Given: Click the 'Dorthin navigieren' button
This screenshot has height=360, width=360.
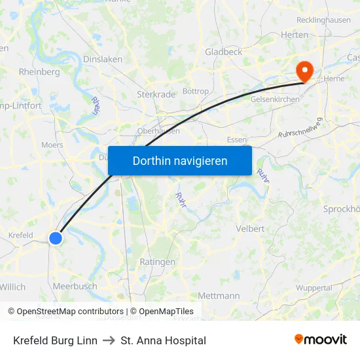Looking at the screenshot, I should (180, 160).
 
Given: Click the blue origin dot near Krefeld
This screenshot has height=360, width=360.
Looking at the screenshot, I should (56, 238).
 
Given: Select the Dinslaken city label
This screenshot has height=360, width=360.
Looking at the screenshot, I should (103, 59).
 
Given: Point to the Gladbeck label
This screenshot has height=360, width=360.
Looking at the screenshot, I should (223, 52).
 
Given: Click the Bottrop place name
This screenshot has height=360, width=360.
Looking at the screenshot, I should (195, 91).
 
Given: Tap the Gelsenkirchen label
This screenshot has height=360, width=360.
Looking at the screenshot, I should (275, 99).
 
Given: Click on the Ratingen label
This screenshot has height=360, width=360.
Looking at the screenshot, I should (158, 262).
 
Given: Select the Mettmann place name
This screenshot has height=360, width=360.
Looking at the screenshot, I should (219, 296).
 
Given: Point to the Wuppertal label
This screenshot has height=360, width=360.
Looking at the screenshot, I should (314, 288).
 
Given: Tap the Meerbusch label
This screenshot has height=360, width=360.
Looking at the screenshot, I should (75, 286).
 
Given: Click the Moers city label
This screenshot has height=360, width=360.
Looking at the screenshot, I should (52, 145).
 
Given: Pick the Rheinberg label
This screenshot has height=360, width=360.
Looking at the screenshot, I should (39, 72).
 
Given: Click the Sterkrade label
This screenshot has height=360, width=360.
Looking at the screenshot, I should (156, 94).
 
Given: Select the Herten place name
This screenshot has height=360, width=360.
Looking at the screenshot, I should (294, 35).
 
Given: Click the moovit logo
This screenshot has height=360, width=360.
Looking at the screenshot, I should (321, 340).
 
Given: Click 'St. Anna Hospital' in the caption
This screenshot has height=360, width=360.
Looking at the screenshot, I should (163, 340).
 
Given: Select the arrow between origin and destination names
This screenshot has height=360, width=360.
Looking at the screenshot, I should (109, 340).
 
